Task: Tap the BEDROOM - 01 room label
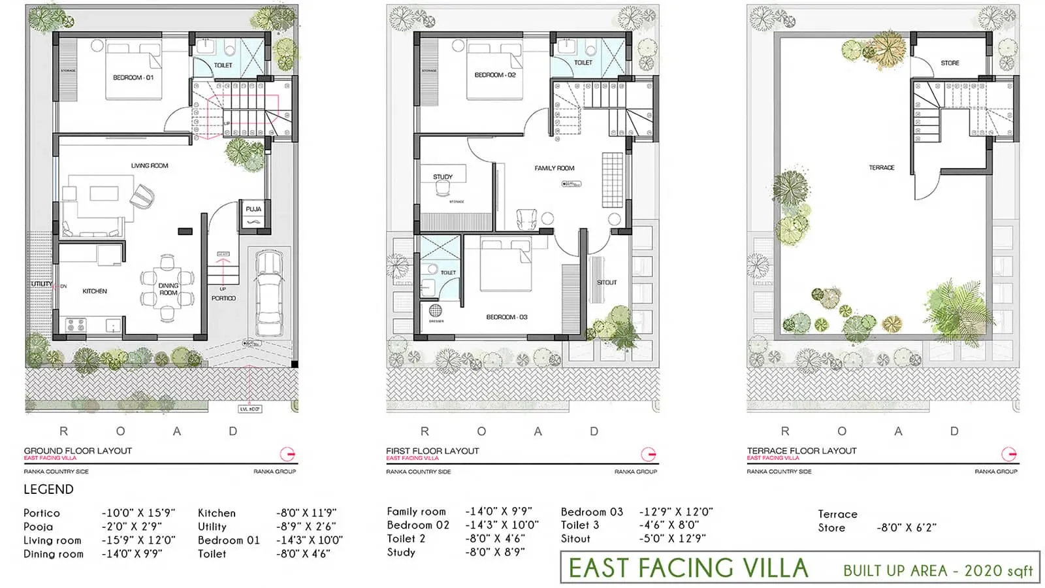point(133,78)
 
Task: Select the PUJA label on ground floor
point(253,209)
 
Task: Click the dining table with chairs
point(167,289)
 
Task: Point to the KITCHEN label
point(95,291)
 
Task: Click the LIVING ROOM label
point(150,166)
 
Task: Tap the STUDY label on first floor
point(442,177)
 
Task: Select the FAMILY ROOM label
point(555,168)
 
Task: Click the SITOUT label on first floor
point(607,282)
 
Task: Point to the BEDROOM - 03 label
point(507,317)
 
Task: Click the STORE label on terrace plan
point(950,63)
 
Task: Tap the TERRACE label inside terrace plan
point(882,168)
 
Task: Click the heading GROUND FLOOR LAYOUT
point(78,451)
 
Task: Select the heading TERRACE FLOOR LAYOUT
point(801,451)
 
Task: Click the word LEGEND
point(48,489)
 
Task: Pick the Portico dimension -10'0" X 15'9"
point(137,513)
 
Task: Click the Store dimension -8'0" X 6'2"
point(907,528)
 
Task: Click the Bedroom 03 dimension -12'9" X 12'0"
point(676,512)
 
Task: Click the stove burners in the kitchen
point(76,324)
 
